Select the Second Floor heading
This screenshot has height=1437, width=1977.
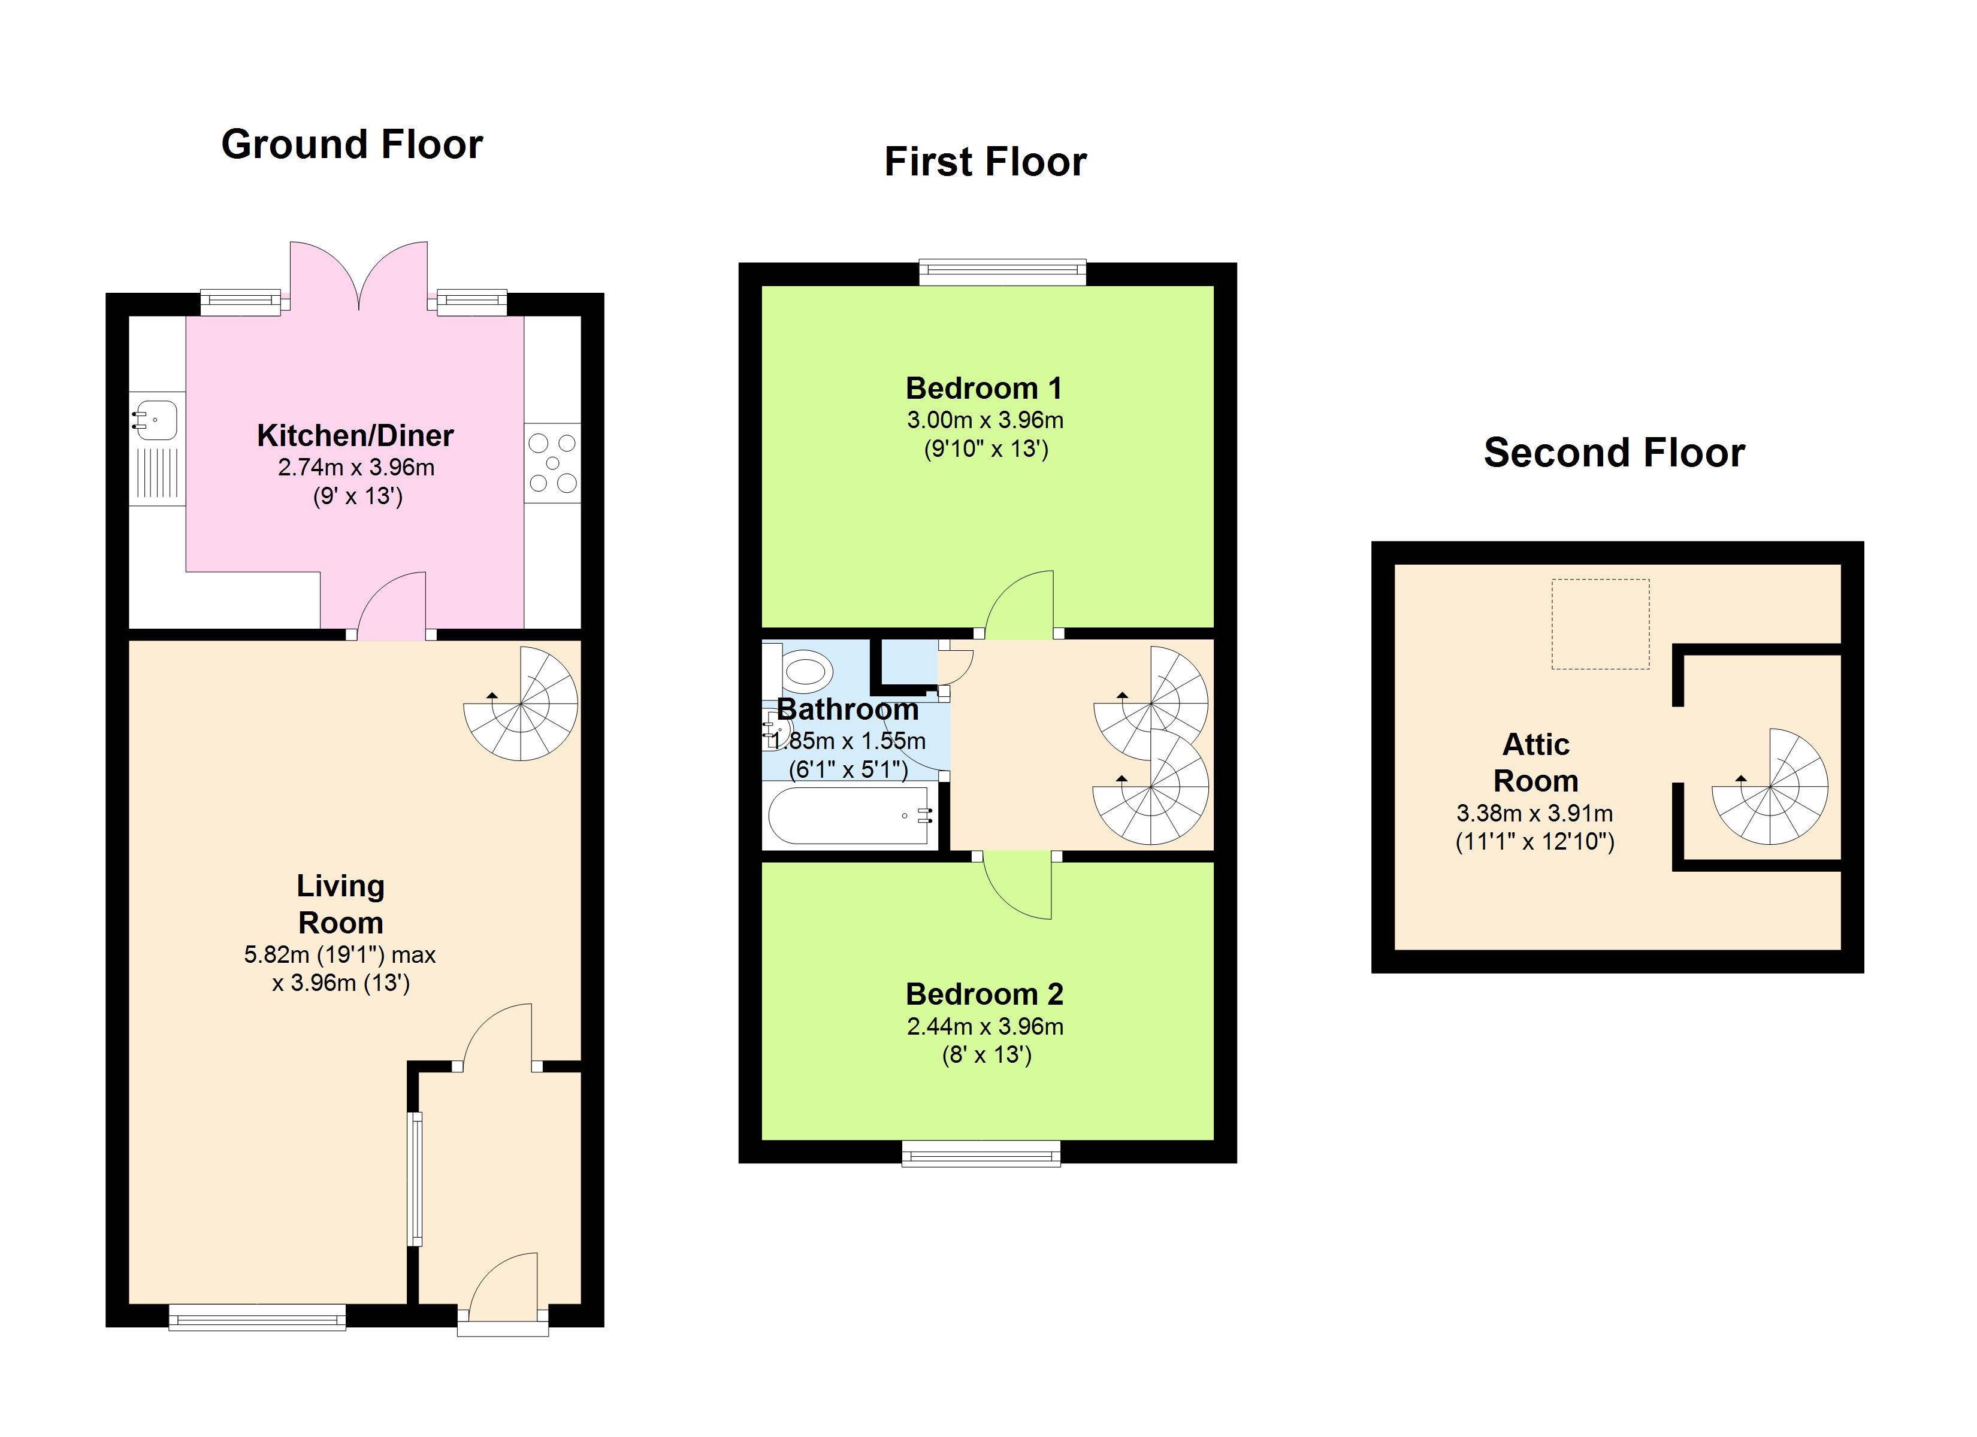[1615, 452]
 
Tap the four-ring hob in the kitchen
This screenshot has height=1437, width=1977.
[552, 463]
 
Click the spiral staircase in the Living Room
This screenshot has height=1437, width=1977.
[521, 704]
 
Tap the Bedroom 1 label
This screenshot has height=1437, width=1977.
[984, 388]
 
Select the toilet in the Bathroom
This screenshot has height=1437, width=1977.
[799, 672]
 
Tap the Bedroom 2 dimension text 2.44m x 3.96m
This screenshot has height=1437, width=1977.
[985, 1026]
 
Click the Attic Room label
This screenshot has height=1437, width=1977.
[1536, 762]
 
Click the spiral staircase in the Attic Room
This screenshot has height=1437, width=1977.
[1770, 787]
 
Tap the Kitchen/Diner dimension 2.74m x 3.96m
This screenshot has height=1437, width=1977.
[356, 468]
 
